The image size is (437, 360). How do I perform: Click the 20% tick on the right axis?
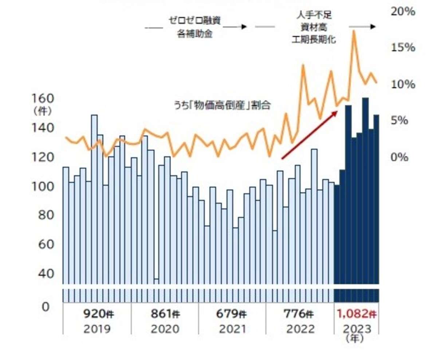click(403, 12)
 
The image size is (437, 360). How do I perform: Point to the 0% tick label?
click(400, 157)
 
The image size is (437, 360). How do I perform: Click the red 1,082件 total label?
click(356, 313)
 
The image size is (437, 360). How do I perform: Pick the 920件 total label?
click(97, 313)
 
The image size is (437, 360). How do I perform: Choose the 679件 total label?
click(232, 313)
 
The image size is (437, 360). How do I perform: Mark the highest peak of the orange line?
click(353, 31)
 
